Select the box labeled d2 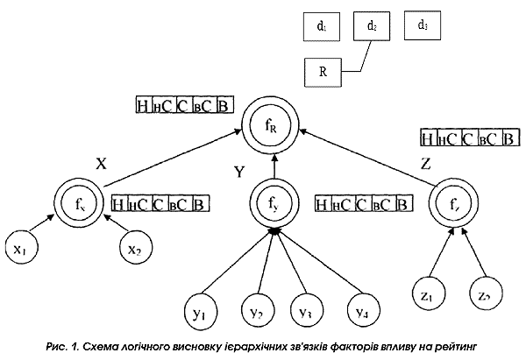pyautogui.click(x=372, y=28)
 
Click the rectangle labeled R pyautogui.click(x=323, y=72)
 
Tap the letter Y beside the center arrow pyautogui.click(x=238, y=171)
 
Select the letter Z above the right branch pyautogui.click(x=427, y=164)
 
